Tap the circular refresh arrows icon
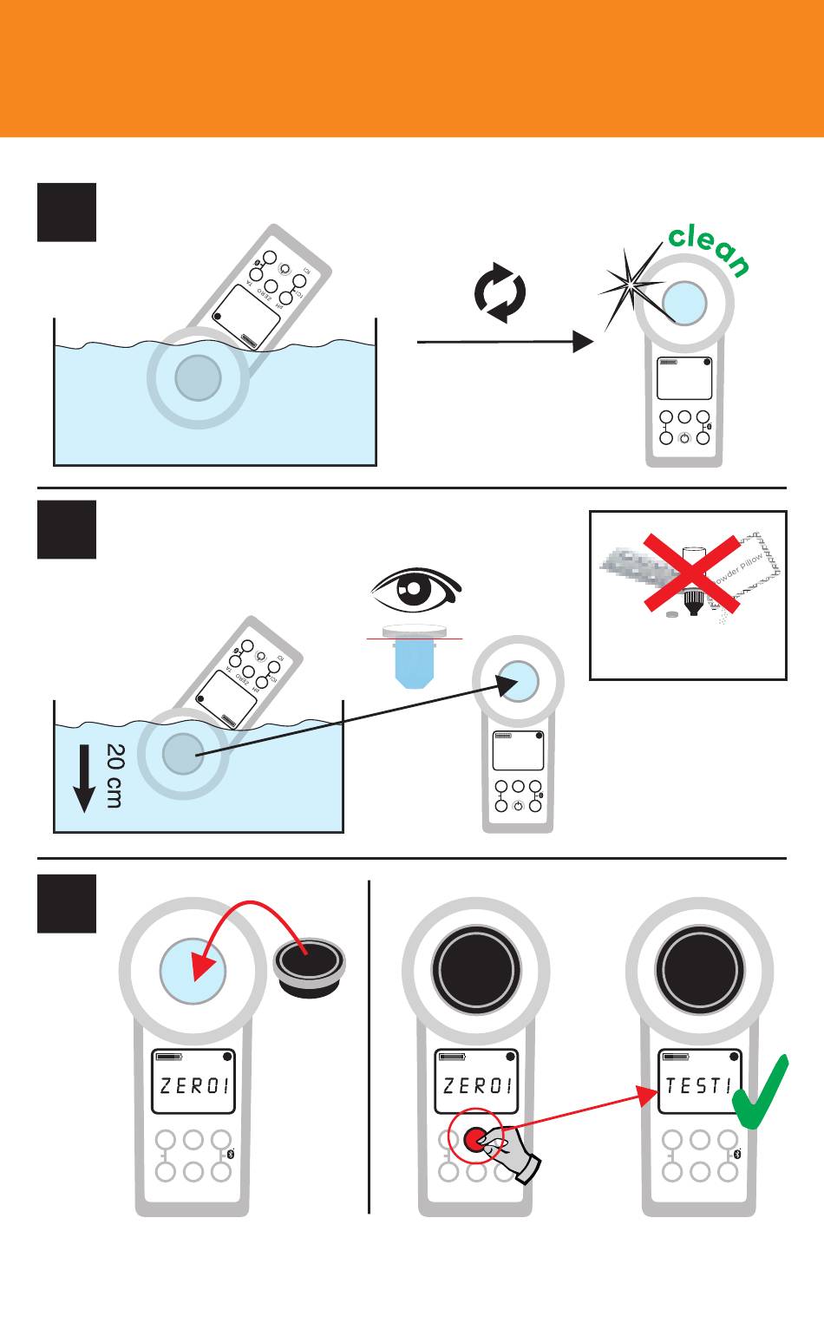pos(500,294)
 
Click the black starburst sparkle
pos(632,284)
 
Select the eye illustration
pos(416,591)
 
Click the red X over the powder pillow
pos(692,573)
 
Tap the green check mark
pos(761,1093)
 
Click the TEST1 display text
pos(699,1085)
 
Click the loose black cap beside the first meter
pos(311,965)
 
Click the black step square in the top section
pos(67,212)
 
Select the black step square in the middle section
pos(67,529)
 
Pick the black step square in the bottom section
pos(67,903)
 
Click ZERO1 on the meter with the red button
pos(478,1085)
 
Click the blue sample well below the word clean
pos(684,303)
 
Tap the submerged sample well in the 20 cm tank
pos(183,752)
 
